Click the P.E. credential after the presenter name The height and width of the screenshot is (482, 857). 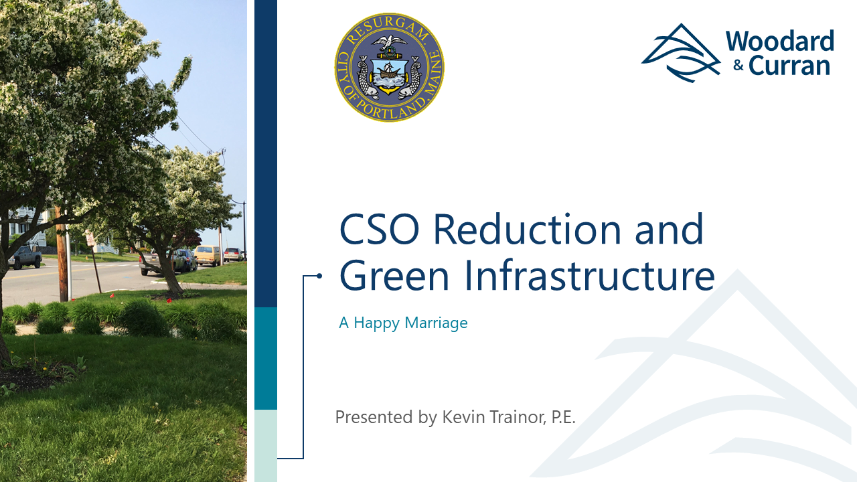tap(563, 418)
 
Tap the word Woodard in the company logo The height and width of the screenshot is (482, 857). tap(779, 42)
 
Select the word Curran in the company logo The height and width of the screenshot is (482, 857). tap(789, 66)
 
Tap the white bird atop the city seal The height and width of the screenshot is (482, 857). tap(390, 42)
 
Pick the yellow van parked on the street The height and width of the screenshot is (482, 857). tap(208, 255)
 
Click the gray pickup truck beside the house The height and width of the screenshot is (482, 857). tap(25, 256)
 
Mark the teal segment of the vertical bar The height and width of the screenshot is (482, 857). tap(266, 358)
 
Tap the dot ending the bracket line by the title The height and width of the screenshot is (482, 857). tap(319, 275)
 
